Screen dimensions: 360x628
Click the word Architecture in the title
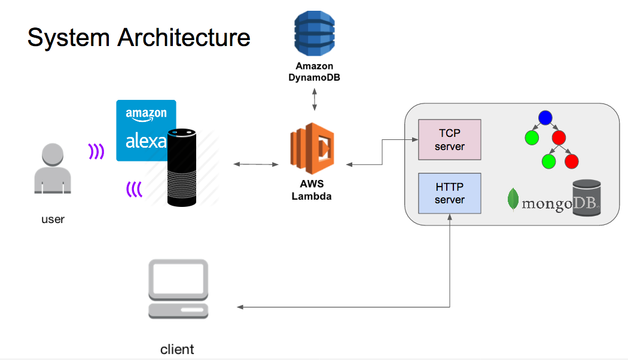coord(184,38)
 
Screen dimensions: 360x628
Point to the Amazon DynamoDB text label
coord(315,72)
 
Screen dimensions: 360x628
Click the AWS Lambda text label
coord(312,190)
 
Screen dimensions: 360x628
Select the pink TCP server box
coord(450,140)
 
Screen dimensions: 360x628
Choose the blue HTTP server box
coord(450,193)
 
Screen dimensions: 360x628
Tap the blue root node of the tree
coord(544,118)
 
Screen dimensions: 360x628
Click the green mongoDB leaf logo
coord(513,199)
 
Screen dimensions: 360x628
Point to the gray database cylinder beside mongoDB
coord(586,197)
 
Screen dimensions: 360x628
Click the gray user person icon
coord(53,170)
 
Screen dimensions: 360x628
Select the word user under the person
coord(53,219)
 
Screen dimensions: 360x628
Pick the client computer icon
coord(178,289)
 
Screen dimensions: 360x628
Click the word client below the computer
coord(177,349)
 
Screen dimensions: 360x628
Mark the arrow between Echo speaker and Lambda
coord(257,164)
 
